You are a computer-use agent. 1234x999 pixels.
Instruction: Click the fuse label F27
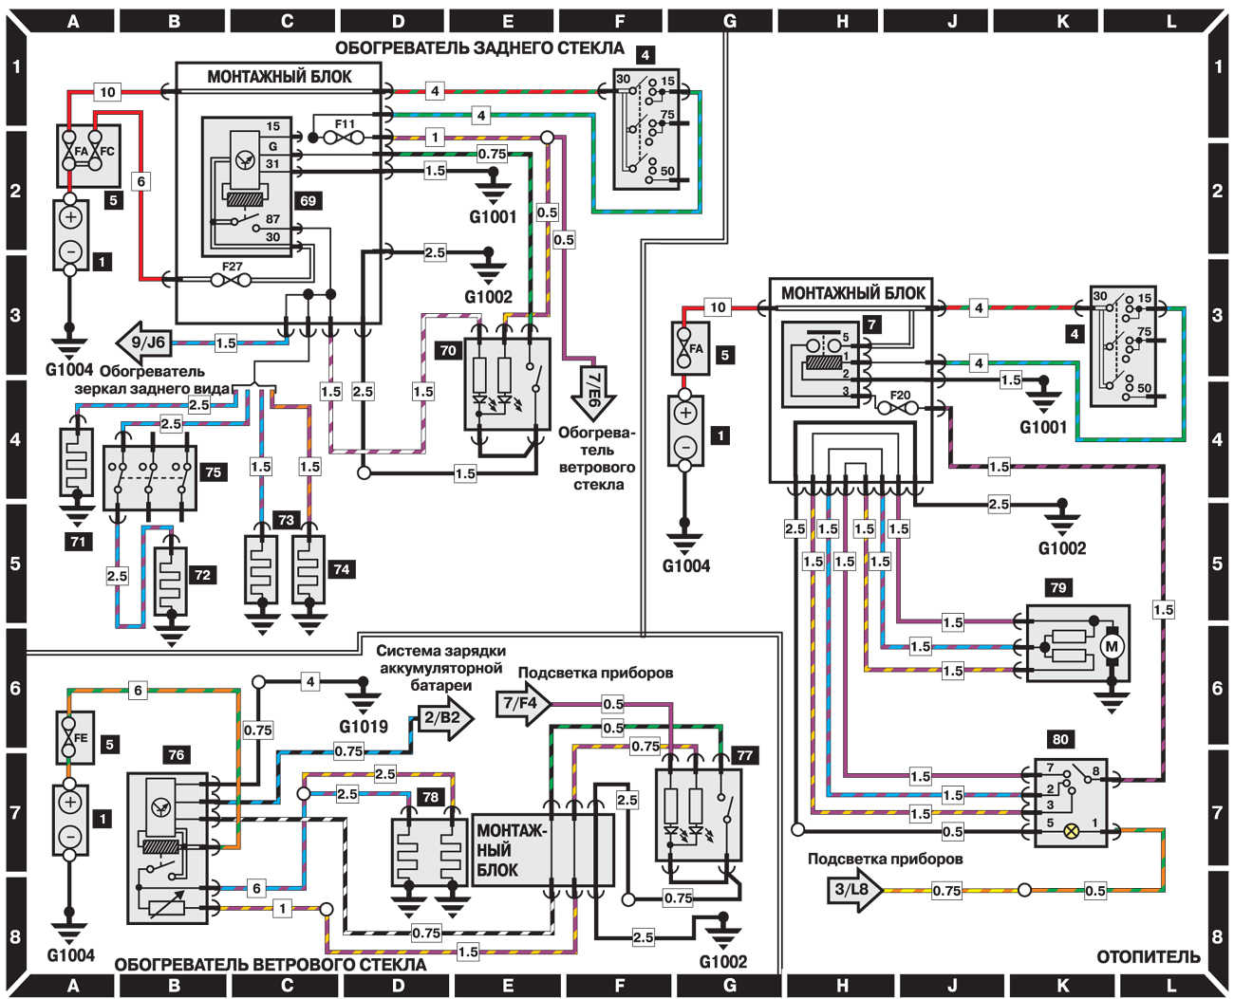pos(233,267)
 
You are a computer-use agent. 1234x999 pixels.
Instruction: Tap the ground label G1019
pos(363,728)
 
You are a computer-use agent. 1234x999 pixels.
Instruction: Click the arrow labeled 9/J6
pos(141,342)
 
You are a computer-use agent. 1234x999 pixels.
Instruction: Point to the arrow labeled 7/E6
pos(592,385)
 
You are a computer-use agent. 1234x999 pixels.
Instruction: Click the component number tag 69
pos(307,201)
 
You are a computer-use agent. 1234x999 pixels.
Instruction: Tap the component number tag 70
pos(447,351)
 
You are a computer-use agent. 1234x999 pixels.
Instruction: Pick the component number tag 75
pos(213,472)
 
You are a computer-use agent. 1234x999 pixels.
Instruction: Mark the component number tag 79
pos(1057,588)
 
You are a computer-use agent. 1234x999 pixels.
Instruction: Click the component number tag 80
pos(1060,738)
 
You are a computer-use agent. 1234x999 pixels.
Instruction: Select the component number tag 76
pos(176,755)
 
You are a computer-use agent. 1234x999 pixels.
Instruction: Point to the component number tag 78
pos(430,797)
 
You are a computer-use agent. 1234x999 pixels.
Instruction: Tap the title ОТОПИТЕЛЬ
pos(1148,957)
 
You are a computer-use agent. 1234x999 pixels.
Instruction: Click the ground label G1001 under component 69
pos(493,216)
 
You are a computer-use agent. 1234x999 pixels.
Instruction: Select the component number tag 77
pos(744,755)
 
